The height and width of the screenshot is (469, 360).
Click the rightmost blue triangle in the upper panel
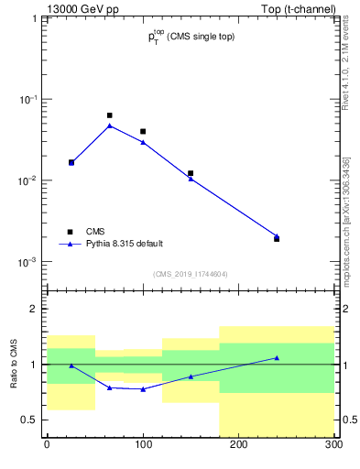tap(277, 235)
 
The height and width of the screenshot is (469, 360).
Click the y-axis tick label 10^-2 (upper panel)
tap(30, 180)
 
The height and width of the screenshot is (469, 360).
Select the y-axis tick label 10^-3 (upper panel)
tap(30, 262)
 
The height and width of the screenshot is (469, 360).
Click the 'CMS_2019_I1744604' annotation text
tap(190, 274)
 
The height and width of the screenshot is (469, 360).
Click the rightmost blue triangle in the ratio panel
tap(277, 358)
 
